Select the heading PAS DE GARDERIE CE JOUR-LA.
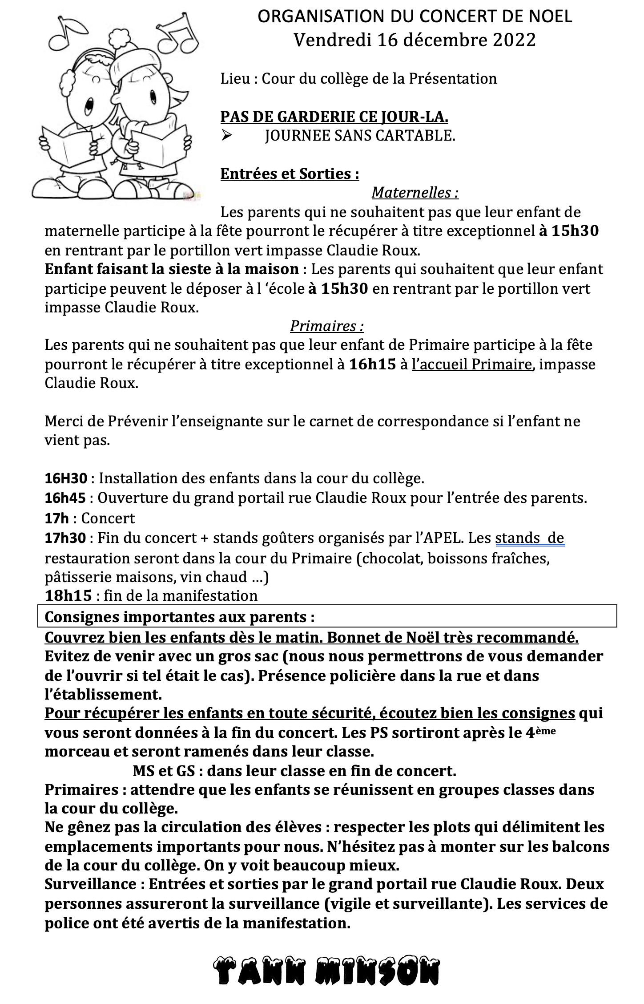(334, 117)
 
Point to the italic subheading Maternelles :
(415, 193)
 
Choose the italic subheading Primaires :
(327, 326)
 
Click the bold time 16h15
(373, 364)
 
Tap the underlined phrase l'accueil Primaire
(471, 364)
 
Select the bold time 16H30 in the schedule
(65, 478)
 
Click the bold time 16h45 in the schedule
(65, 498)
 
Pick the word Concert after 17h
(108, 518)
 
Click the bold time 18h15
(68, 595)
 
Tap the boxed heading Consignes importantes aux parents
(180, 617)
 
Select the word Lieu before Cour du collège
(234, 79)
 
